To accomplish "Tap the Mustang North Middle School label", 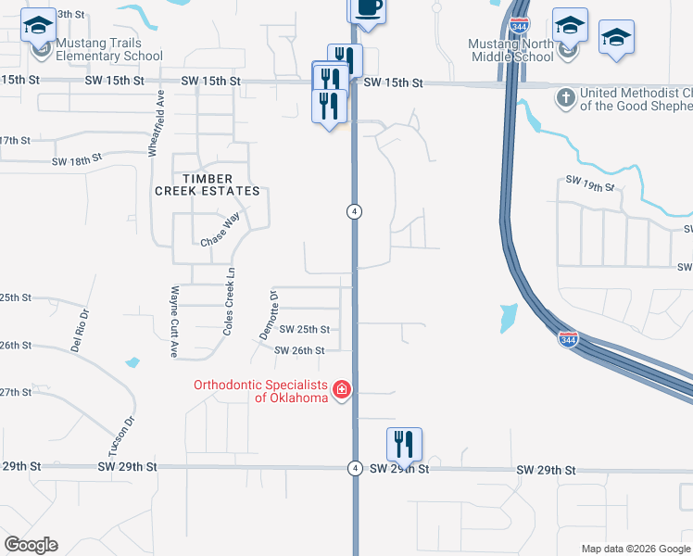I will click(x=510, y=49).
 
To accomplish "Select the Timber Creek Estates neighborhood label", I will click(x=208, y=184).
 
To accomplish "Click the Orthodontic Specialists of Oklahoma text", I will click(x=260, y=391).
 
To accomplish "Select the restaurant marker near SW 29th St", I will click(x=404, y=444).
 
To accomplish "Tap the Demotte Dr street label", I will click(x=269, y=314).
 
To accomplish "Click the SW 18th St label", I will click(x=76, y=161).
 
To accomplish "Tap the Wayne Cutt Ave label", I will click(x=173, y=322).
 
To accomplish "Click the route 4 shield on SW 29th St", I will click(x=354, y=467).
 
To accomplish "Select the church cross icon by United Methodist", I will click(x=565, y=96).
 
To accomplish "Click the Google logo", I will click(x=31, y=545).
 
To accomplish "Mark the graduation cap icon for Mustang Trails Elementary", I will click(x=39, y=28).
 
